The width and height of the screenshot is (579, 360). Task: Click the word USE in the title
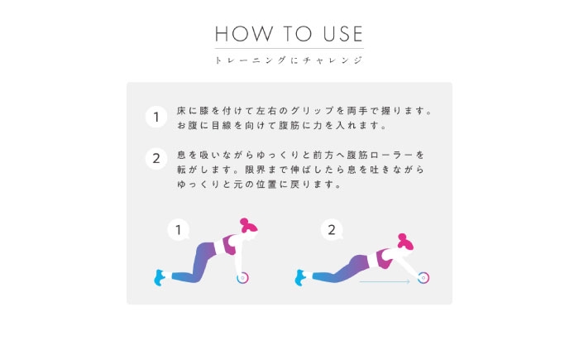(343, 34)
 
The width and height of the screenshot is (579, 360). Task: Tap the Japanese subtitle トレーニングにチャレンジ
(289, 60)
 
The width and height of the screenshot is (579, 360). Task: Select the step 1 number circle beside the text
(156, 117)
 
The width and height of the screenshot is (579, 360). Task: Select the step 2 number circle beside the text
(156, 159)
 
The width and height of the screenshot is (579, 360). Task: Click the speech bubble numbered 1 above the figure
(179, 230)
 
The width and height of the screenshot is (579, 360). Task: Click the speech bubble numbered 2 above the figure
(332, 230)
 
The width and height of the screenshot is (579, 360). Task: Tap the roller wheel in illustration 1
(242, 278)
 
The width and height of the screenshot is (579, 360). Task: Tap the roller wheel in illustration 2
(423, 278)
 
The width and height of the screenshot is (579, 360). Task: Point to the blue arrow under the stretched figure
(385, 281)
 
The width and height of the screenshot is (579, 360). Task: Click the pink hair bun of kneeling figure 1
(244, 222)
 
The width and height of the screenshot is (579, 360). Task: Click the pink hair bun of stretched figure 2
(402, 238)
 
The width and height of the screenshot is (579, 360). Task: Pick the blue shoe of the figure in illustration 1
(159, 277)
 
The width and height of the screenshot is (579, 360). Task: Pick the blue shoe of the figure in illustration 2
(299, 277)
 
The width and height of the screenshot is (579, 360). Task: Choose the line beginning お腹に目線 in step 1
(281, 126)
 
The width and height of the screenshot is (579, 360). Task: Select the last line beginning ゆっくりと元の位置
(259, 185)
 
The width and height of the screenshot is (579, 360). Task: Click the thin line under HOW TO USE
(289, 49)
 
